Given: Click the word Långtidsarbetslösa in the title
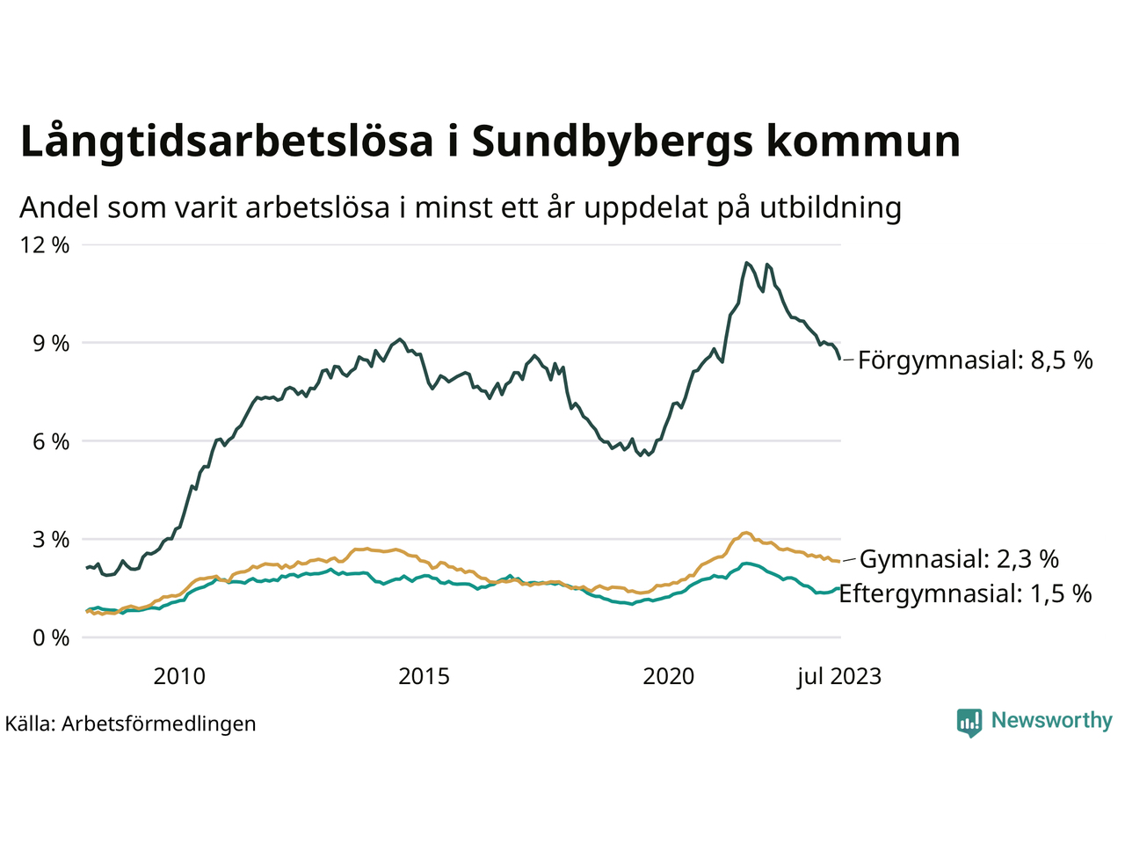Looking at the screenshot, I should [x=227, y=142].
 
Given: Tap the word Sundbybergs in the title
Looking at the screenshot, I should [x=612, y=142].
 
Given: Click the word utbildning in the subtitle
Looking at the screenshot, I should [x=831, y=207].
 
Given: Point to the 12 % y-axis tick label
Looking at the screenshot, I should [x=44, y=245].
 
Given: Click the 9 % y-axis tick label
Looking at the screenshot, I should [x=51, y=344].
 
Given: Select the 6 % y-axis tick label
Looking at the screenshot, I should [x=51, y=442].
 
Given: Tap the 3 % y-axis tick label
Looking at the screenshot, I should [x=51, y=540].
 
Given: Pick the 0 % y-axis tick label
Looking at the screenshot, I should [x=51, y=638].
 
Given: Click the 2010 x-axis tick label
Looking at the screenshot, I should [x=179, y=676].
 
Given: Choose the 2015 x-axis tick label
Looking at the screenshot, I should [x=424, y=676].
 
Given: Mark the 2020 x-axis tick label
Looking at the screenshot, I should [x=669, y=676].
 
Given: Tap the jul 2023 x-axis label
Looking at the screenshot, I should [x=838, y=676].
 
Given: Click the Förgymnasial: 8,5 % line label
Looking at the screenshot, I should [x=976, y=360].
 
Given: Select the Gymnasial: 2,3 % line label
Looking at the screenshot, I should [x=959, y=559].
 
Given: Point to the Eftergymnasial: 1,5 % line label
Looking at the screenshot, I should [x=965, y=593].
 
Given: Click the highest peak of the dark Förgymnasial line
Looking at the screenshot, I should [x=746, y=262].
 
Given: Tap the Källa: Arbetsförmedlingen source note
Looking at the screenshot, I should [x=131, y=724].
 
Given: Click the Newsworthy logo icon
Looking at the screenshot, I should [x=969, y=722].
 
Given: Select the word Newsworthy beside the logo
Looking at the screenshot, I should [x=1051, y=721].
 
